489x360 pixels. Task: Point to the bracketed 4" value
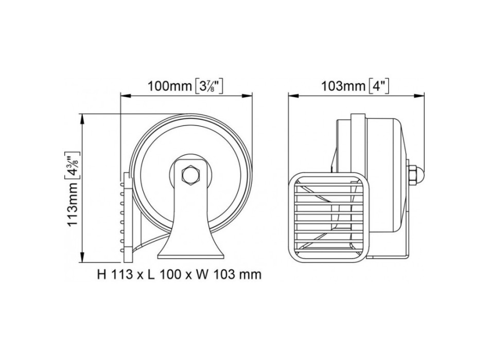point(378,85)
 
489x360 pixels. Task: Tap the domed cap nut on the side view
point(415,175)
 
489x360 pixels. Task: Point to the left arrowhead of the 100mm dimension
point(124,95)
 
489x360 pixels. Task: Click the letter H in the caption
point(101,274)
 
